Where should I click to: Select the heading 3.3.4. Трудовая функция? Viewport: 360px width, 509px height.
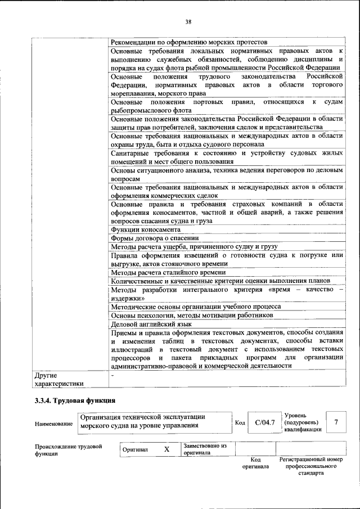pyautogui.click(x=75, y=401)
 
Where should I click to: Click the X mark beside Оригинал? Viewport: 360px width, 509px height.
pyautogui.click(x=166, y=449)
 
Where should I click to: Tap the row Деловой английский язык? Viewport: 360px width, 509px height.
pyautogui.click(x=151, y=324)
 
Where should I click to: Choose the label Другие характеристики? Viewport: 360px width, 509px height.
pyautogui.click(x=59, y=379)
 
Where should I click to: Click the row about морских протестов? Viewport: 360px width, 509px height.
pyautogui.click(x=188, y=42)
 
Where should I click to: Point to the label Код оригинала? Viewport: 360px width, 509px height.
pyautogui.click(x=255, y=463)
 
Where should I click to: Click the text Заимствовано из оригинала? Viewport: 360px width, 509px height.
pyautogui.click(x=204, y=449)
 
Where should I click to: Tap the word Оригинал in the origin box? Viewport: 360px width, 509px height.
pyautogui.click(x=136, y=450)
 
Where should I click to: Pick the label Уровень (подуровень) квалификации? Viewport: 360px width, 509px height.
pyautogui.click(x=303, y=422)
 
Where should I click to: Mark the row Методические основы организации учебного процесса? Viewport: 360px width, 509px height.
pyautogui.click(x=195, y=307)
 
